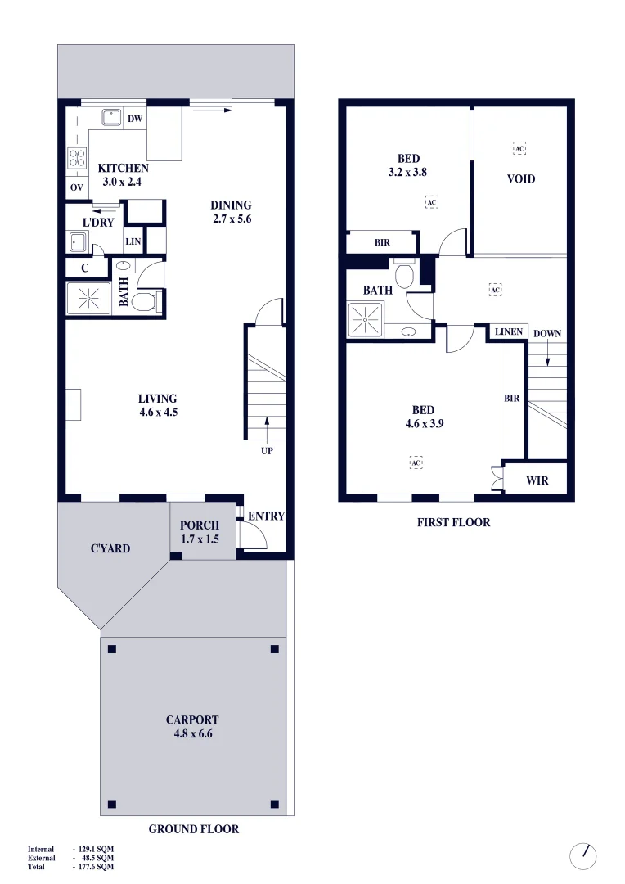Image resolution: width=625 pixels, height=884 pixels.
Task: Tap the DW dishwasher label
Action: (x=135, y=119)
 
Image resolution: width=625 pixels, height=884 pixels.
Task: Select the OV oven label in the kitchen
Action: (x=77, y=187)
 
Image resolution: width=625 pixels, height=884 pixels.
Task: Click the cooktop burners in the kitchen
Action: (x=77, y=158)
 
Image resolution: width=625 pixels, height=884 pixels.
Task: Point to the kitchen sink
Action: (x=107, y=117)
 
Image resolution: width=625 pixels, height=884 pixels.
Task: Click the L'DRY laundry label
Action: (x=98, y=222)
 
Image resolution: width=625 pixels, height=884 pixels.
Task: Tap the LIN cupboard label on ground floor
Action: (x=133, y=242)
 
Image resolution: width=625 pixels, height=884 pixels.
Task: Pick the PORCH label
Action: (x=200, y=525)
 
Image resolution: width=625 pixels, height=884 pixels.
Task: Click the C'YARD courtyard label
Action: (x=110, y=548)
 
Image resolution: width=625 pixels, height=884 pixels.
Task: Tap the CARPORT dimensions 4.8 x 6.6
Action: (x=192, y=734)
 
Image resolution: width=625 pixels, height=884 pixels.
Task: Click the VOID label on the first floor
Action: (x=521, y=178)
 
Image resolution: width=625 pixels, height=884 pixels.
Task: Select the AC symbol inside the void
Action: (x=519, y=148)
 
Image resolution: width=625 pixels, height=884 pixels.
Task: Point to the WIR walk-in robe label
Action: (x=537, y=480)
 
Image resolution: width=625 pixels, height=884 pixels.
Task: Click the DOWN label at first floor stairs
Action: (x=546, y=333)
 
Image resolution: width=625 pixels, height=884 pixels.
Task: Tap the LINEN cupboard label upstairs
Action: (x=508, y=331)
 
